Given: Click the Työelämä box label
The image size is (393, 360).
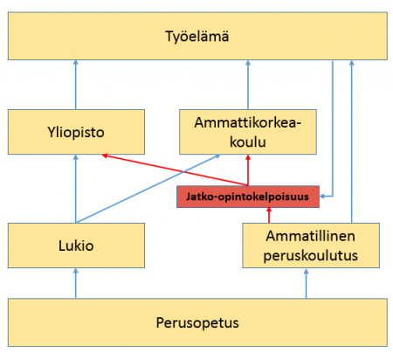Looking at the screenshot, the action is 197,37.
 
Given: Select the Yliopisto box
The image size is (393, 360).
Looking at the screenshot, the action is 76,132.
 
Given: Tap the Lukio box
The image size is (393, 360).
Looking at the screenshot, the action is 76,246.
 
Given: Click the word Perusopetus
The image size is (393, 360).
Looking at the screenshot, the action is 197,322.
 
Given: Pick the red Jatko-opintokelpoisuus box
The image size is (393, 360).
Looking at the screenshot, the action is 248,197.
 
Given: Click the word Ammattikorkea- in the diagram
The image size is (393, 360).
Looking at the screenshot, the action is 248,122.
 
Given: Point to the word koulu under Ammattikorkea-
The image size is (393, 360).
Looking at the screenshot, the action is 248,142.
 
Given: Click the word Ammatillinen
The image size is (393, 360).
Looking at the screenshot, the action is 310,236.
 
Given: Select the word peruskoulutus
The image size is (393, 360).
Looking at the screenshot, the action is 311,255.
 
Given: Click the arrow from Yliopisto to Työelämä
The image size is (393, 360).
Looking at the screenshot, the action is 76,85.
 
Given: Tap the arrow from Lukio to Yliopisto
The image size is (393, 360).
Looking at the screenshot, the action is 76,189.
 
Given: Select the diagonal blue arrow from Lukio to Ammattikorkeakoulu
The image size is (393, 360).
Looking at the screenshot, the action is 148,189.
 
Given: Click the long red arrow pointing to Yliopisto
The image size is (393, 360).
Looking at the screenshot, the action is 175,170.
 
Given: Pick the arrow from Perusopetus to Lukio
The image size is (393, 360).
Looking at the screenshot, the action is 76,283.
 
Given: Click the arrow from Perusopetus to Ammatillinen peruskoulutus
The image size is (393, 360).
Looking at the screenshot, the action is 306,283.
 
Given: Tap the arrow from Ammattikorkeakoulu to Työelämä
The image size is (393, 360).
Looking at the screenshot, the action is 248,85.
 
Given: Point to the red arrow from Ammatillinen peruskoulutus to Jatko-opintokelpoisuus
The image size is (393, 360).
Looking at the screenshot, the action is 269,215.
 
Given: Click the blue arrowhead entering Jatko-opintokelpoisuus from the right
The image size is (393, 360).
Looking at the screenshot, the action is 322,197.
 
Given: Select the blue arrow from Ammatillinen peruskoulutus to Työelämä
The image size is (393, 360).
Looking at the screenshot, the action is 352,142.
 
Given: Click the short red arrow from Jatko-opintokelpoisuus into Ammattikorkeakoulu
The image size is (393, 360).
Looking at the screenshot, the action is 248,170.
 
